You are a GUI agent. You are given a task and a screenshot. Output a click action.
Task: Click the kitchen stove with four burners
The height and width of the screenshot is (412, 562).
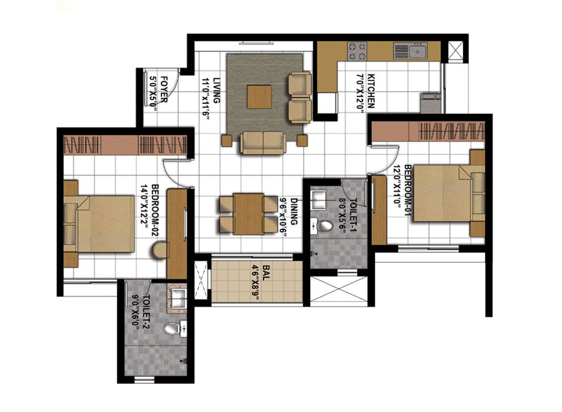(357, 51)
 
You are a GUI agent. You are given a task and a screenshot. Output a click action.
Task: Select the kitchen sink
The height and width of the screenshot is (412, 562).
(410, 50)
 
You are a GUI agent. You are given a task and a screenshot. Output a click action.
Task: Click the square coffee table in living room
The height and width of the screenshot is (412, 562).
(259, 96)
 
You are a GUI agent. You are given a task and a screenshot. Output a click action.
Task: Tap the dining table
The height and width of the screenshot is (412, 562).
(248, 214)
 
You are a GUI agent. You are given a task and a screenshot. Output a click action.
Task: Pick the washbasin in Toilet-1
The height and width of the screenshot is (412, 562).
(318, 200)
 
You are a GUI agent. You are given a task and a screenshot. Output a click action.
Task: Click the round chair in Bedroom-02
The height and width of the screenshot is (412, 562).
(160, 250)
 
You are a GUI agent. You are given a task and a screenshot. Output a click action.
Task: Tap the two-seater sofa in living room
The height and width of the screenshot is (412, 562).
(263, 143)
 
